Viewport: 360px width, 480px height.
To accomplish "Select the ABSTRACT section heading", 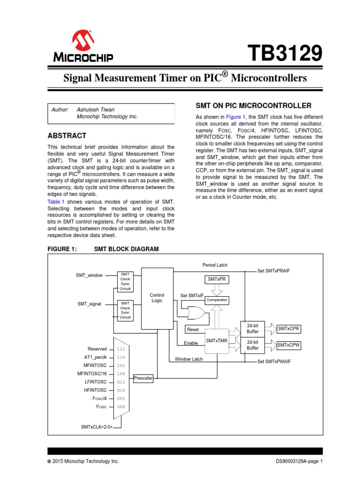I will click(x=67, y=135).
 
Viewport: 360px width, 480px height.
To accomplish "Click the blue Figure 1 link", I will click(x=236, y=117).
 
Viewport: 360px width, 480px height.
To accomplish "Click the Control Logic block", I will click(x=157, y=298).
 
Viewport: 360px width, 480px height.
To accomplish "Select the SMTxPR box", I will click(x=217, y=279).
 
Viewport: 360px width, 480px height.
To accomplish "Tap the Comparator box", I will click(x=217, y=300).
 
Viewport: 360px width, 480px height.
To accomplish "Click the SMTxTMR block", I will click(x=217, y=341).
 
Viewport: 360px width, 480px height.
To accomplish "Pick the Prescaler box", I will click(x=143, y=378).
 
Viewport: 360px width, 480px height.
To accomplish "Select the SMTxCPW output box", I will click(x=289, y=345).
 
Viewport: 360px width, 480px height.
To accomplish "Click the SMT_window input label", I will click(x=90, y=275).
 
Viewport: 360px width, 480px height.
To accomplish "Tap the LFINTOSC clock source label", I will click(x=96, y=382).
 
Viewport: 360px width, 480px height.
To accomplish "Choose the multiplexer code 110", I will click(x=121, y=357).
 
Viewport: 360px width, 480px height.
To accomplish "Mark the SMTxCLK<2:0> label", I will click(x=97, y=427).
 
